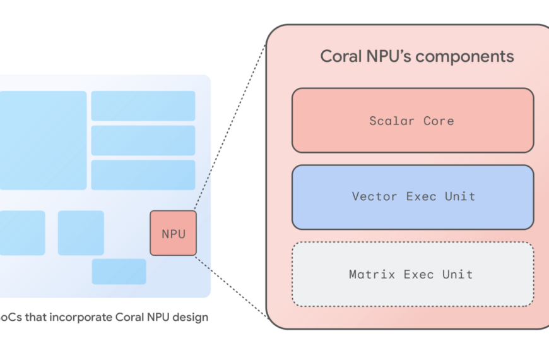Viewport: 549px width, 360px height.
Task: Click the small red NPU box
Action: pyautogui.click(x=173, y=233)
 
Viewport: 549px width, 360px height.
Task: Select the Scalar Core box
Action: pyautogui.click(x=412, y=120)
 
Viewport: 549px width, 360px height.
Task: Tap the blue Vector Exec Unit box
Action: pyautogui.click(x=412, y=197)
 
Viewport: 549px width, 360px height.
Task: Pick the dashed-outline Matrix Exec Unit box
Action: pyautogui.click(x=412, y=274)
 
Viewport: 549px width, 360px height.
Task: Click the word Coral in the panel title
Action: pyautogui.click(x=343, y=56)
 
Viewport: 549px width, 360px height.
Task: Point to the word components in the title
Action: pyautogui.click(x=464, y=56)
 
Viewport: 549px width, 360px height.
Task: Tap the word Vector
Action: pyautogui.click(x=375, y=197)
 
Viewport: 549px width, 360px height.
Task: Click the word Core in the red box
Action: pyautogui.click(x=439, y=120)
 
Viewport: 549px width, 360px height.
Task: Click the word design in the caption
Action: pyautogui.click(x=191, y=317)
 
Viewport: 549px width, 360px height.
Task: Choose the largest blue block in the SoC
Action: pyautogui.click(x=42, y=140)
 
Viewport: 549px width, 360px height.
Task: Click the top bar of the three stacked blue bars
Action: pyautogui.click(x=143, y=105)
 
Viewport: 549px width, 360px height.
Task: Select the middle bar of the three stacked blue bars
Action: pyautogui.click(x=143, y=140)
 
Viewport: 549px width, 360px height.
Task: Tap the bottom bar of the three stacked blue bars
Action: pyautogui.click(x=143, y=175)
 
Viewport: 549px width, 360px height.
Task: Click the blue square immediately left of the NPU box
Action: pyautogui.click(x=81, y=232)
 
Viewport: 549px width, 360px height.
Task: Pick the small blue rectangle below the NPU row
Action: pyautogui.click(x=119, y=272)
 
